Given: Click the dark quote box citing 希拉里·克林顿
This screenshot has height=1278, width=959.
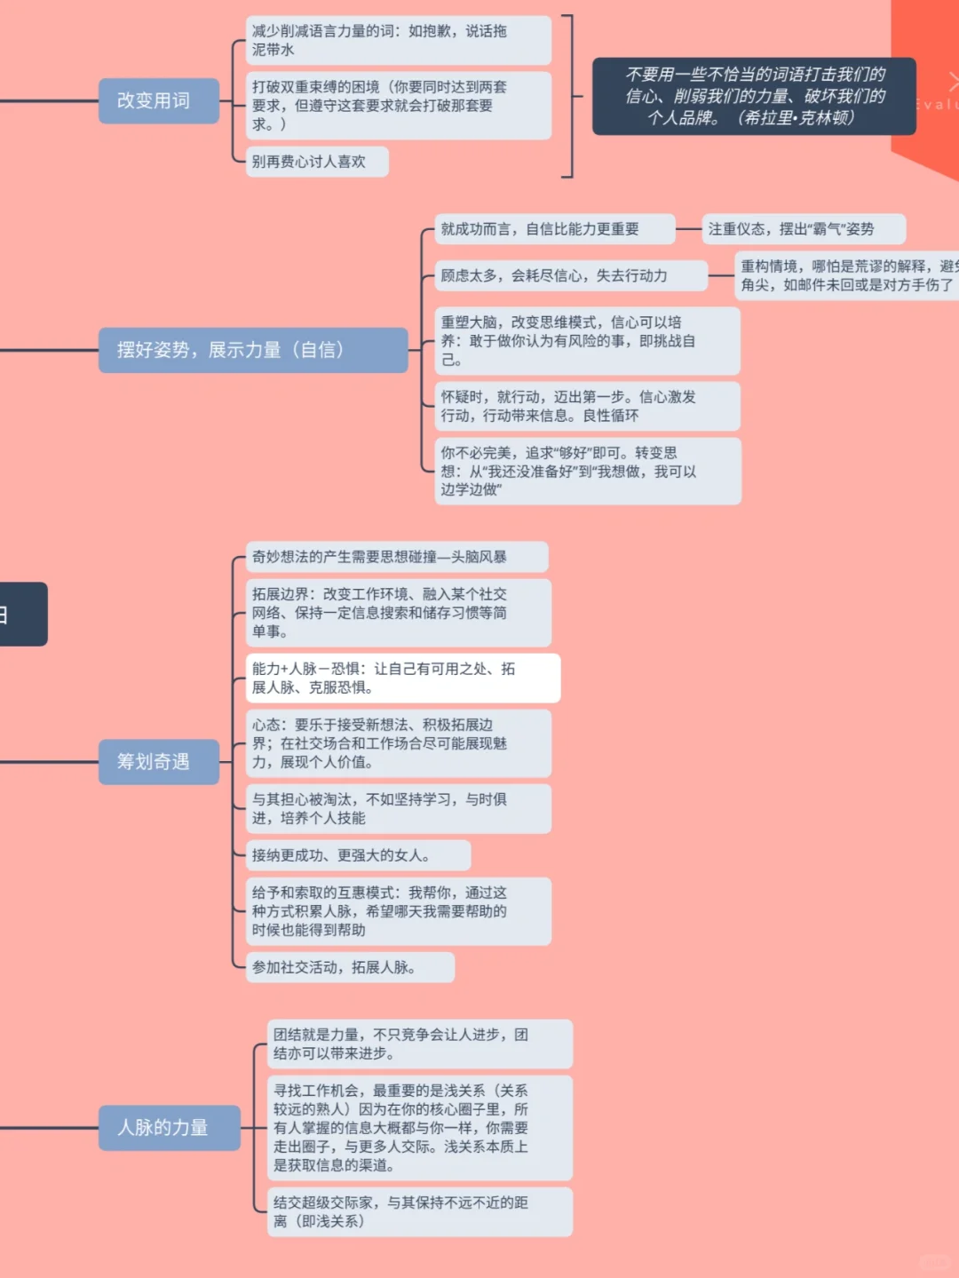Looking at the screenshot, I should click(754, 96).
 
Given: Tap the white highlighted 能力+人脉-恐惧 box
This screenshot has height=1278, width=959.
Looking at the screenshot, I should click(402, 678).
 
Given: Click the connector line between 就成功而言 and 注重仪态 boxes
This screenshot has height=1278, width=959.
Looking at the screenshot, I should click(689, 229).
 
